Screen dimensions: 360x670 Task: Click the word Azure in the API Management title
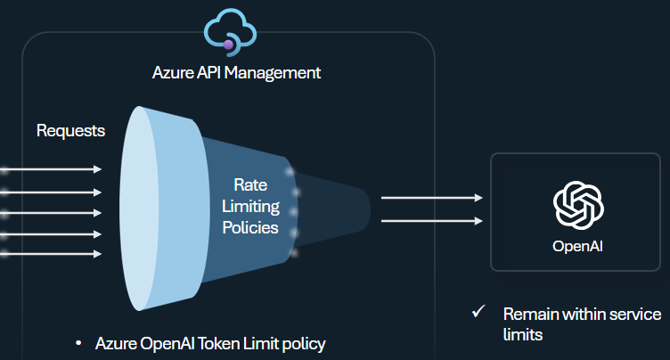coord(172,73)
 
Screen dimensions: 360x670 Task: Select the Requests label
coord(70,131)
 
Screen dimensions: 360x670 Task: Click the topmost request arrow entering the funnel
coord(53,168)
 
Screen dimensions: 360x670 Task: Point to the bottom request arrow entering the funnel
coord(53,254)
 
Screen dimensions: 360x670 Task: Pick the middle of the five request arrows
coord(53,212)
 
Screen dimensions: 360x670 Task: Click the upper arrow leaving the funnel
coord(431,199)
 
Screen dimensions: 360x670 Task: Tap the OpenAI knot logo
coord(578,206)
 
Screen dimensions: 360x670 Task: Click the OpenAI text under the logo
coord(578,246)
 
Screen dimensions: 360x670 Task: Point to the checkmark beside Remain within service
coord(478,313)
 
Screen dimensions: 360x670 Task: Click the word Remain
coord(529,315)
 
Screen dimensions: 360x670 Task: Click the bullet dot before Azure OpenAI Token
coord(79,343)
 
